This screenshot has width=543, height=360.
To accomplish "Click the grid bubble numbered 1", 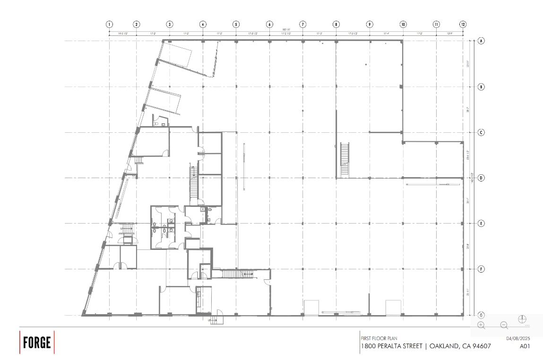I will (x=110, y=24).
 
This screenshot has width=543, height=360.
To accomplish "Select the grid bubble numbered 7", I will (x=302, y=24).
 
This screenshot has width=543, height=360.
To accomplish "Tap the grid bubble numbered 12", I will (x=463, y=24).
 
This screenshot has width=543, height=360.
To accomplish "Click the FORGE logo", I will (x=37, y=343).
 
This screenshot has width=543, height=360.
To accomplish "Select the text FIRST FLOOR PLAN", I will (x=379, y=338).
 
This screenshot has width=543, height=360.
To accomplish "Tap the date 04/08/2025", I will (x=518, y=338).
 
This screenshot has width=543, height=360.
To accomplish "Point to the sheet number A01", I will (x=525, y=346).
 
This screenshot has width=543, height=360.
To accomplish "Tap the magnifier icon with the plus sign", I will (x=481, y=325).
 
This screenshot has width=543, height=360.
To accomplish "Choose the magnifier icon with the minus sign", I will (x=504, y=325).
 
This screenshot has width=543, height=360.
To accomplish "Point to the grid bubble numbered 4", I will (x=203, y=24).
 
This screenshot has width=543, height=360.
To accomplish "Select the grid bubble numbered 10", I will (x=403, y=24).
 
